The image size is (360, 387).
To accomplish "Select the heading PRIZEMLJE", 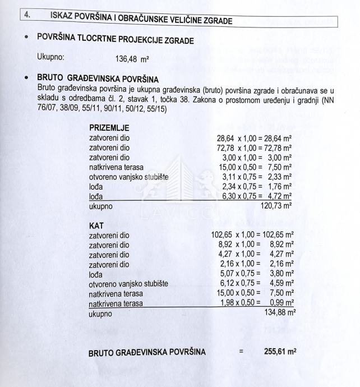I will (105, 128).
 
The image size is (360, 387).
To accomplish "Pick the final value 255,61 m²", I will (280, 352).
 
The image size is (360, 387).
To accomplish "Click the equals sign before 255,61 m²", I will (241, 352).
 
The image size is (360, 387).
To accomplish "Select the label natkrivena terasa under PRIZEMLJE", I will (116, 167).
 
